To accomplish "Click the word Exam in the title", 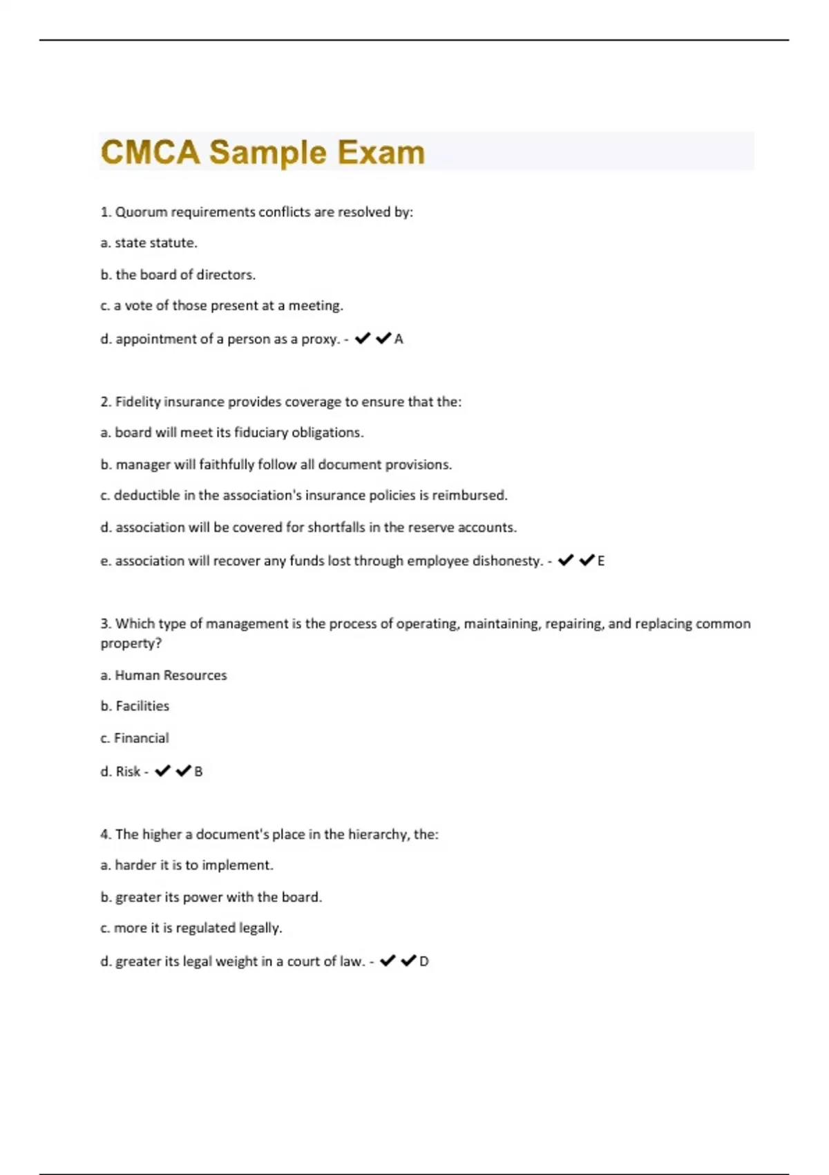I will point(381,152).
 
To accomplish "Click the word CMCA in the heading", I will point(150,152).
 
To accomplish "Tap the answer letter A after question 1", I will point(399,339).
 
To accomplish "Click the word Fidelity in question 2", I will point(137,402).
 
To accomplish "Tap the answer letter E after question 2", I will point(601,561).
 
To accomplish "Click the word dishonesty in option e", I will point(508,561).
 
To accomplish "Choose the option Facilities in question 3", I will point(142,706).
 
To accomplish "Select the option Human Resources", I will point(171,675).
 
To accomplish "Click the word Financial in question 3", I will point(141,738).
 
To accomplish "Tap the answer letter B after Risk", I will point(199,771).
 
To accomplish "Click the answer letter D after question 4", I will point(424,961).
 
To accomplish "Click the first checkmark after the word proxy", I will point(363,338).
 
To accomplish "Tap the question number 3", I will point(105,623).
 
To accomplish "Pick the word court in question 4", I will point(304,961).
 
